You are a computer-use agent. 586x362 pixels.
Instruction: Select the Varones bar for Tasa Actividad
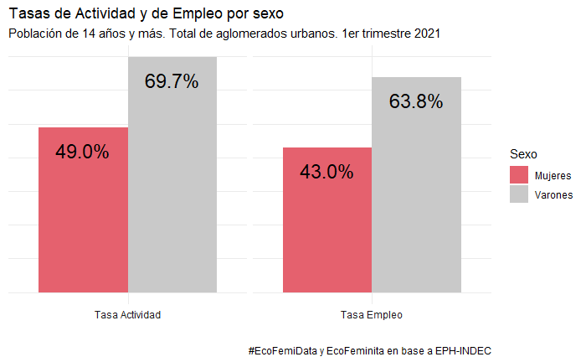point(172,193)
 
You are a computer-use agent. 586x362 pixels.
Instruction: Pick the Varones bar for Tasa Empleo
point(417,201)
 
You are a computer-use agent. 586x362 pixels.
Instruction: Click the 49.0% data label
point(82,153)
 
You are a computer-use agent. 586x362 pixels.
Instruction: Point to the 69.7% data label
point(172,82)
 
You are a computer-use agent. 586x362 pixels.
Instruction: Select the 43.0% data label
point(326,173)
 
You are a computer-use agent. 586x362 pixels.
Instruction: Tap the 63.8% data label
point(416,102)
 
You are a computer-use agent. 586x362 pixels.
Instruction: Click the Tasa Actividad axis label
point(128,315)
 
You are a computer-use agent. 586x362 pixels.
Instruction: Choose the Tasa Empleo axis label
point(372,315)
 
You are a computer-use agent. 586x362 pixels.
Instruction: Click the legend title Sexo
point(523,154)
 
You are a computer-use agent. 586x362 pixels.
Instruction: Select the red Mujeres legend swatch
point(519,175)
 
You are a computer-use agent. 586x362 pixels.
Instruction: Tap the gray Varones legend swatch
point(519,194)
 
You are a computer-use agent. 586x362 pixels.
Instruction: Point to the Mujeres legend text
point(553,176)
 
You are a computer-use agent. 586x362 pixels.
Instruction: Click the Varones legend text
point(553,195)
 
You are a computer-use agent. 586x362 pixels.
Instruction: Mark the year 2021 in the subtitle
point(426,34)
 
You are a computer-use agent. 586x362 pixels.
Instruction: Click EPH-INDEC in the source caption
point(464,349)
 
